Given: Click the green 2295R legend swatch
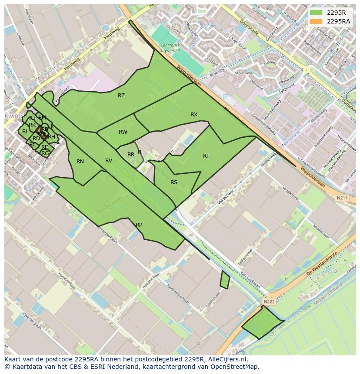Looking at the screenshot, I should (316, 13).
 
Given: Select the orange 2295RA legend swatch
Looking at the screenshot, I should (316, 21).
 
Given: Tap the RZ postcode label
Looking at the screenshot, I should (121, 96).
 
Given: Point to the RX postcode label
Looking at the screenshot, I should (194, 115).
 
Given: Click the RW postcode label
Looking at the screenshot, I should (123, 132).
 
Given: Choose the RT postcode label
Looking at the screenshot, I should (206, 156).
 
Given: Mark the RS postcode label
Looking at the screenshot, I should (174, 182).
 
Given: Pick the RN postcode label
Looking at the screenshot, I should (80, 162).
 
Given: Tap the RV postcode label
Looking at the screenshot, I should (109, 161).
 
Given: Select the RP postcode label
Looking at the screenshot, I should (139, 225).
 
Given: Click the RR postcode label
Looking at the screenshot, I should (131, 155).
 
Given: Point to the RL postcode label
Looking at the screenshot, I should (25, 132).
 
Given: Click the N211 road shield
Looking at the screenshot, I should (343, 198).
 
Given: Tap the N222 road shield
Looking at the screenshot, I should (269, 301).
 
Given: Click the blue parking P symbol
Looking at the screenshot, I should (225, 97).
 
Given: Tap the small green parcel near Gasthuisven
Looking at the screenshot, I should (225, 280).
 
